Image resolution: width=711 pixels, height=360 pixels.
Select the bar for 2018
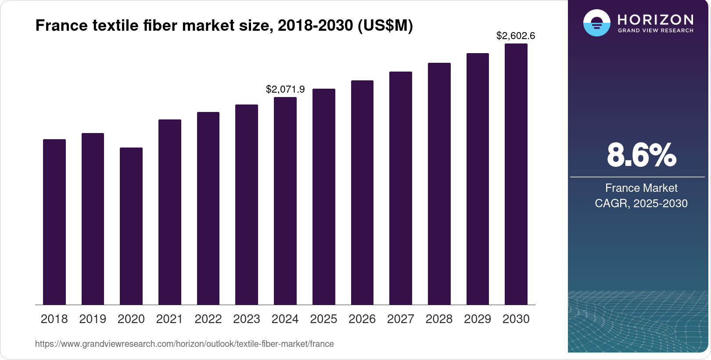pyautogui.click(x=54, y=222)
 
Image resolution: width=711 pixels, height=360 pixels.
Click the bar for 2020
pyautogui.click(x=131, y=226)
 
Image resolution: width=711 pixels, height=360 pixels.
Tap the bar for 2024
pyautogui.click(x=285, y=201)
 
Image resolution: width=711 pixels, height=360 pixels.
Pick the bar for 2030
pyautogui.click(x=516, y=174)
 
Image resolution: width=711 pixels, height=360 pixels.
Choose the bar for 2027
pyautogui.click(x=401, y=188)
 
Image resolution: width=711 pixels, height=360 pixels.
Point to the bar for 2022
pyautogui.click(x=208, y=208)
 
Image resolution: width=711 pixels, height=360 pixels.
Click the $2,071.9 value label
pyautogui.click(x=285, y=90)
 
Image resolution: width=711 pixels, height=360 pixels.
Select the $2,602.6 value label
pyautogui.click(x=516, y=36)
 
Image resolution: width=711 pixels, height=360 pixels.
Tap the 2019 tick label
pyautogui.click(x=93, y=319)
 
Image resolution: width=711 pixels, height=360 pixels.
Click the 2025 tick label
pyautogui.click(x=323, y=319)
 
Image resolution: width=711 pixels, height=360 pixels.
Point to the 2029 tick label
pyautogui.click(x=478, y=319)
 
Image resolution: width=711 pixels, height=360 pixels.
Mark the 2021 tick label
pyautogui.click(x=169, y=319)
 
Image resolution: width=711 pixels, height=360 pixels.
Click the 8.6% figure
pyautogui.click(x=641, y=155)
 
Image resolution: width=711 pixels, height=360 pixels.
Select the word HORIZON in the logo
pyautogui.click(x=655, y=20)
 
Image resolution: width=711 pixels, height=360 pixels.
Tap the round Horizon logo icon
pyautogui.click(x=597, y=23)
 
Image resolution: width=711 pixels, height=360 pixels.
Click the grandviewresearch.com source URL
pyautogui.click(x=184, y=344)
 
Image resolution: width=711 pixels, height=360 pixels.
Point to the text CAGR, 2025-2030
pyautogui.click(x=641, y=203)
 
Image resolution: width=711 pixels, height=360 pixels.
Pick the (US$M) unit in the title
pyautogui.click(x=385, y=25)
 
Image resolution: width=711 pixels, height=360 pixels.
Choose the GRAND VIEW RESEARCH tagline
pyautogui.click(x=655, y=31)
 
